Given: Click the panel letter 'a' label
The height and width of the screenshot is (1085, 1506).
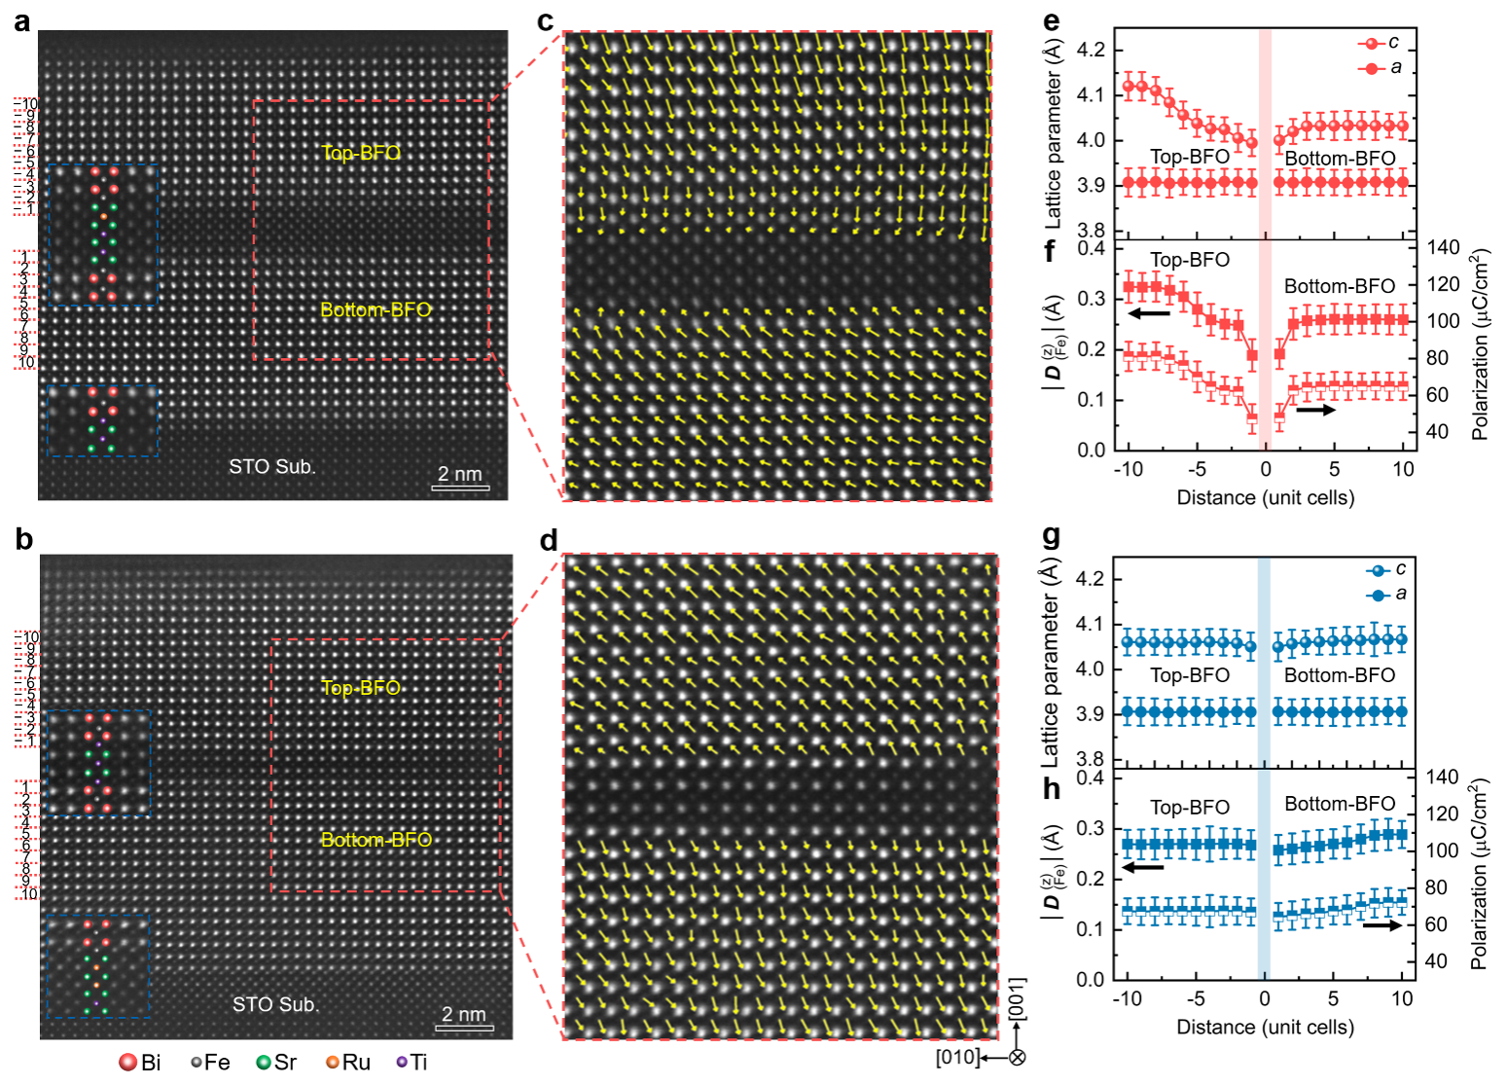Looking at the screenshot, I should click(21, 21).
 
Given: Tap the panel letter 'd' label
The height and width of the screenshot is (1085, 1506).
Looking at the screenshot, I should click(549, 540).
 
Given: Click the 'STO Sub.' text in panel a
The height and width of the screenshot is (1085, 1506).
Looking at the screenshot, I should click(272, 467).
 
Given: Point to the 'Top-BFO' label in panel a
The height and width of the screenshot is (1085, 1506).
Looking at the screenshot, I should click(361, 153).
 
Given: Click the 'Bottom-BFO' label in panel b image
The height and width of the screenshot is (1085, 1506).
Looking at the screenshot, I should click(376, 840).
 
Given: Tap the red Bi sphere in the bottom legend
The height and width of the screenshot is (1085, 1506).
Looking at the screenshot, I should click(127, 1063).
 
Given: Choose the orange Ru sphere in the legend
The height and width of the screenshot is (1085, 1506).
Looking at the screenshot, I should click(333, 1063).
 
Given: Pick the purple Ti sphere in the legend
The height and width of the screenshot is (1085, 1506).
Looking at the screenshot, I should click(402, 1063).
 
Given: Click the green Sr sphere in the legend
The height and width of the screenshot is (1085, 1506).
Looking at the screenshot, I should click(263, 1063).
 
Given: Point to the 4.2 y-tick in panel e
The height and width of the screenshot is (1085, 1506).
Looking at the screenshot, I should click(1091, 50).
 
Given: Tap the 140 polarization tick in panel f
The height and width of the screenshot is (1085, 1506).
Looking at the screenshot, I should click(1444, 248).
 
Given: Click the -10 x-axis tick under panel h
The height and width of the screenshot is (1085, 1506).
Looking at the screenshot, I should click(1127, 998).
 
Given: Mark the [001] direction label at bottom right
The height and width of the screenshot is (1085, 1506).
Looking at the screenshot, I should click(1017, 1000).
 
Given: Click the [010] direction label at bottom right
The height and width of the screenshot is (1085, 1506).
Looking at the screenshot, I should click(957, 1058).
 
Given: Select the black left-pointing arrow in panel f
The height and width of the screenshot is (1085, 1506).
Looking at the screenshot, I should click(1149, 313).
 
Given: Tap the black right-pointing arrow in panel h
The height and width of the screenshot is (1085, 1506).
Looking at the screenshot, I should click(1381, 925).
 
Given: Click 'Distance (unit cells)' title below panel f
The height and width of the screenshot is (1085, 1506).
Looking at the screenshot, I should click(1265, 498).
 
